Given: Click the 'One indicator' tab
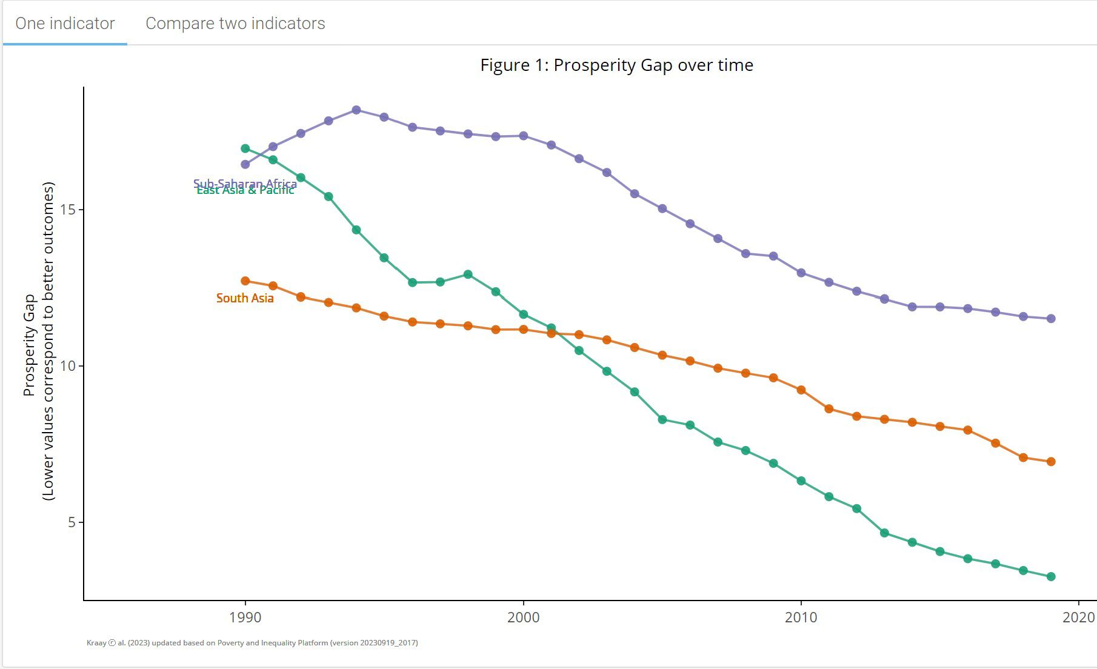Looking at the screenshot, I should [65, 24].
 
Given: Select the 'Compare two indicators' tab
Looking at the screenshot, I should [235, 24].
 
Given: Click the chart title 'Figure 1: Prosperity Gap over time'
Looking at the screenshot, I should [616, 65].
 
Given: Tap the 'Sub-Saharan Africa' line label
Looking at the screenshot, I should [245, 183].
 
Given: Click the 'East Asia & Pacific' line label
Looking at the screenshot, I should [245, 191].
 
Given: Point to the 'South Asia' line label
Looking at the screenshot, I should [245, 298].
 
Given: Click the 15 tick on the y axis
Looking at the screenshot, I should [68, 210].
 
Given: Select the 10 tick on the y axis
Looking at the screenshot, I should [68, 366].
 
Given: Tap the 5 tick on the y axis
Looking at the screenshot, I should [72, 522].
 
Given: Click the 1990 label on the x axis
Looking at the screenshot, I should [245, 617].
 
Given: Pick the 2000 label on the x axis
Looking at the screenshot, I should [523, 617].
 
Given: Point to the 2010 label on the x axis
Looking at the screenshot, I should [801, 617].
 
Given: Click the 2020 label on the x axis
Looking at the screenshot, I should [1078, 617].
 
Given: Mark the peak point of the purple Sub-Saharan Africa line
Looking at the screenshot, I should [356, 110].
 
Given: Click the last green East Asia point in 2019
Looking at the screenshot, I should [1051, 577].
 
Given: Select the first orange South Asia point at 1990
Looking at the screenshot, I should [245, 281].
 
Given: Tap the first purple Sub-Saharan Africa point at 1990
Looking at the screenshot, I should [245, 164].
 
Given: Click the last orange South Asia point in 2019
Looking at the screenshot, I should [1051, 462].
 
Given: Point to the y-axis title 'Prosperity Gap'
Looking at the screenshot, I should [29, 345].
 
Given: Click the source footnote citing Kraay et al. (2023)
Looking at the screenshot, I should [252, 643].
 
